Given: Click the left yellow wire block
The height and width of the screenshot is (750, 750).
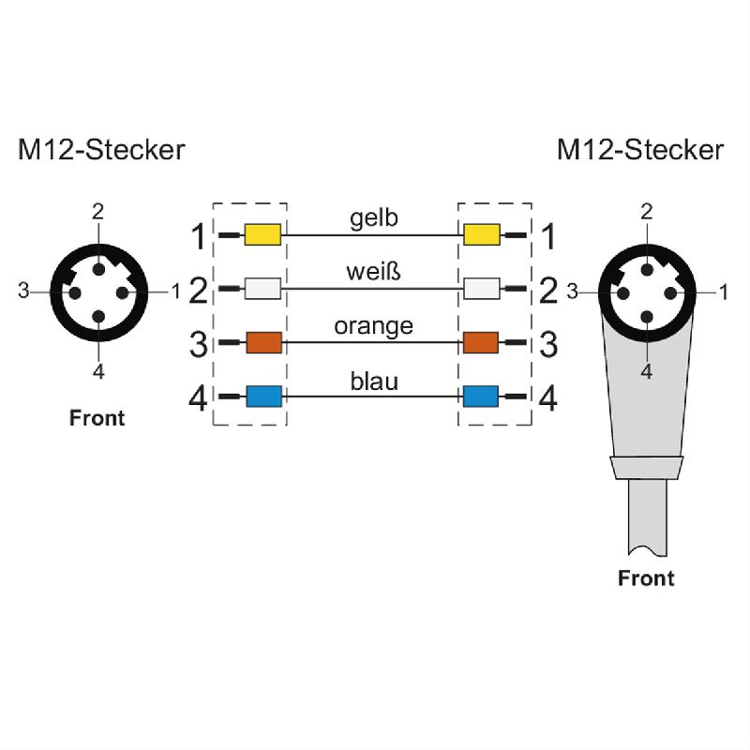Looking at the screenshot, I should (262, 234).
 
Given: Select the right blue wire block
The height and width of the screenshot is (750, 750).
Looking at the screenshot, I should (481, 396).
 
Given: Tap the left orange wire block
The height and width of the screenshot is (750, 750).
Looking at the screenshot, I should (262, 342).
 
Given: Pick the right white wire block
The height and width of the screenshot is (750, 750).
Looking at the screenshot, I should (481, 288).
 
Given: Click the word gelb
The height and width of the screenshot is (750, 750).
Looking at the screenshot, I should (374, 218).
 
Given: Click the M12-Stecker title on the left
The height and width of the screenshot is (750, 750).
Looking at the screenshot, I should (101, 150).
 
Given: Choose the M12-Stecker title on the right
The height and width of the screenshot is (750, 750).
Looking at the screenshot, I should (640, 150).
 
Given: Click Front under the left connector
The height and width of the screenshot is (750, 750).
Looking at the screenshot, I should (97, 418).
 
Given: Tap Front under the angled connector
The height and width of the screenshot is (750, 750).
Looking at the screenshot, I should (646, 578).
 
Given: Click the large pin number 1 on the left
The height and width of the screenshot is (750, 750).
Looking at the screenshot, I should (198, 237).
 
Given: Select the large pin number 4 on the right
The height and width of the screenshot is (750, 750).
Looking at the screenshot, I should (548, 399).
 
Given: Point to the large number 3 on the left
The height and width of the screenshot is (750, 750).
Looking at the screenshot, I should (198, 345).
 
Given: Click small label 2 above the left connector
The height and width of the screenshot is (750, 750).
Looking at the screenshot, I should (97, 211).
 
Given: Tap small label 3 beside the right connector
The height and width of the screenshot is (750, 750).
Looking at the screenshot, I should (572, 292).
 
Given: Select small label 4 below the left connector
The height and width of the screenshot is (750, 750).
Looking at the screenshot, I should (97, 372).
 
